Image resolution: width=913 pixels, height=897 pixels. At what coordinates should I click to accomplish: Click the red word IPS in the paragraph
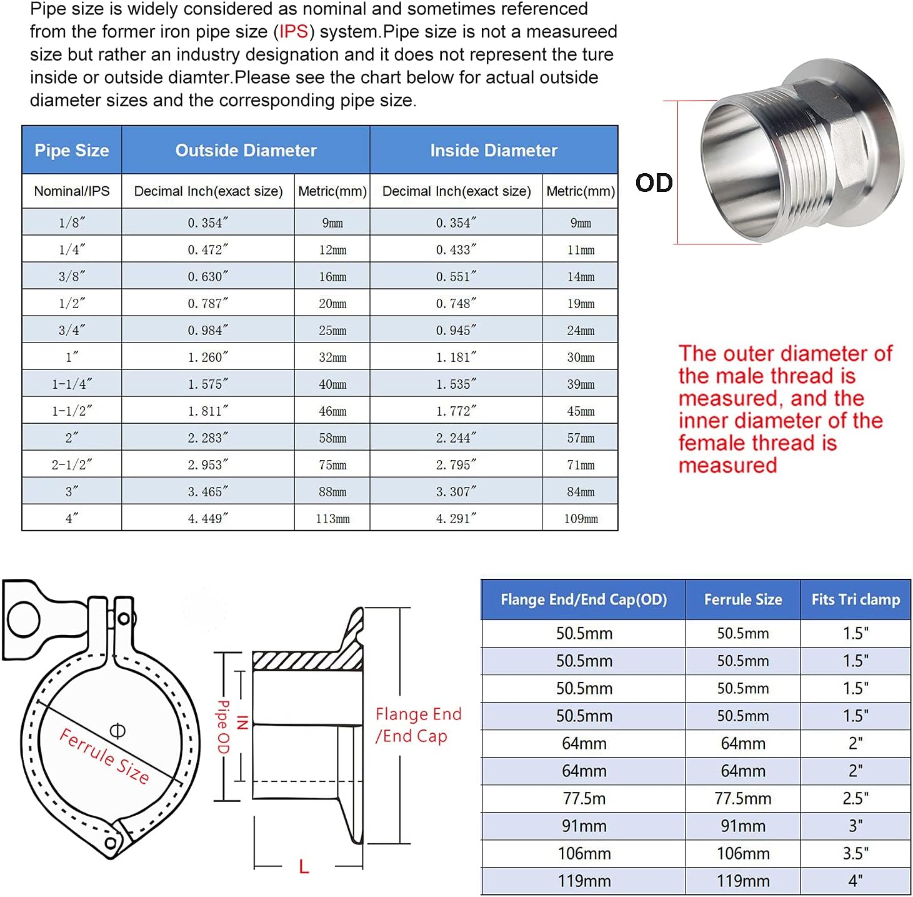pos(293,32)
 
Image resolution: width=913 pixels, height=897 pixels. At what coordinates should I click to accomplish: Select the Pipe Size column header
pos(72,151)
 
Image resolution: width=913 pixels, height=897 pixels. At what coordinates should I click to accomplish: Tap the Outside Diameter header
pos(246,151)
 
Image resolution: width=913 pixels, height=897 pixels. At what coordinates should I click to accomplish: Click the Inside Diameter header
pos(494,151)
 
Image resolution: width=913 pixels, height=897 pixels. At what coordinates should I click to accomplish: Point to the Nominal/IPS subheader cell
pos(72,191)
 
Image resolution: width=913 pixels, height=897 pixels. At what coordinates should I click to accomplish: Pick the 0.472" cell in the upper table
pos(208,250)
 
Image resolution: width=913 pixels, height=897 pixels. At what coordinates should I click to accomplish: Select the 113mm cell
pos(332,519)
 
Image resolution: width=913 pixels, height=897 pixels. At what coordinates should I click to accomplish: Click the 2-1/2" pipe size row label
pos(72,465)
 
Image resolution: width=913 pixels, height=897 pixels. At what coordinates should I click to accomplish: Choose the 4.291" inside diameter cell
pos(456,519)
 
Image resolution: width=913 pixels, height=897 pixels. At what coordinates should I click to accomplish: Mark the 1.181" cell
pos(456,358)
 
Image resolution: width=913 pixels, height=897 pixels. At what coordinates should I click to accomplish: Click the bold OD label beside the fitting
pos(654,183)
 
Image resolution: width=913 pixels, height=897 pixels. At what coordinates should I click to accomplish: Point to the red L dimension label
pos(304,867)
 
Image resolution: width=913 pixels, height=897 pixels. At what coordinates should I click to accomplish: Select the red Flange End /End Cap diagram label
pos(417,725)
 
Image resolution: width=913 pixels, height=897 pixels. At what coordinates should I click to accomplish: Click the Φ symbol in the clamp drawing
pos(117,730)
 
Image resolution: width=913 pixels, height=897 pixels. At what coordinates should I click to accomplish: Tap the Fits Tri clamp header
pos(856,600)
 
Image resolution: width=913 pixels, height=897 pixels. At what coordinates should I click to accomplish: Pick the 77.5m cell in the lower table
pos(584,799)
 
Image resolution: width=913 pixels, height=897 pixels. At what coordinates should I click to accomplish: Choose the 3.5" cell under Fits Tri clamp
pos(856,854)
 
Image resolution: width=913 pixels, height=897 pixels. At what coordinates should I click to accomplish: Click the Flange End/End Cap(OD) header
pos(584,600)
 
